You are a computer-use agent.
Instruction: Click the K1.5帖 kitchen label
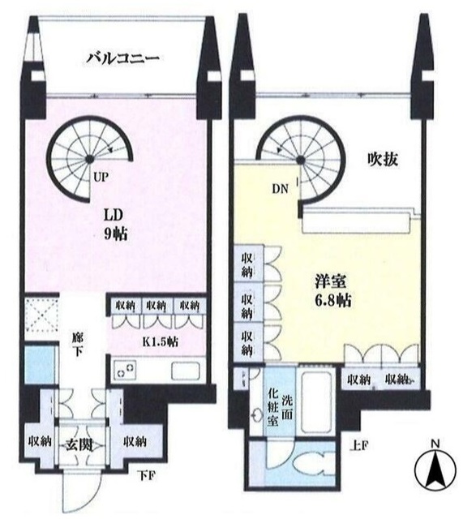tap(161, 341)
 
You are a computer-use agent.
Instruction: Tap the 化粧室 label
tap(273, 408)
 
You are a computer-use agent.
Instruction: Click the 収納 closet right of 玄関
tap(134, 443)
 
